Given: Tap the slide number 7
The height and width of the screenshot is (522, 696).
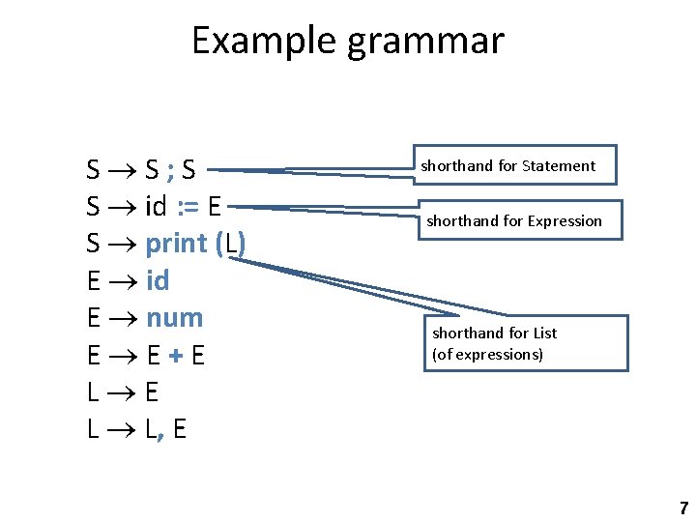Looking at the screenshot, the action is coord(683,507).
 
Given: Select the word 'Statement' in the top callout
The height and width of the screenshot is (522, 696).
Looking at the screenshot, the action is coord(559,166).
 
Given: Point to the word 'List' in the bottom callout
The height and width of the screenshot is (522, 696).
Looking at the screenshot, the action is coord(545,333).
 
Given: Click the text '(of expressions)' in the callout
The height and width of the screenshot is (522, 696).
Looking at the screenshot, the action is coord(487,354).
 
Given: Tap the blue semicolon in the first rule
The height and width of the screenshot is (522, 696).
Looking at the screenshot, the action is coord(170,170).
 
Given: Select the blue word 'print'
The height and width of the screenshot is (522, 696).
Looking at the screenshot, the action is coord(176,245).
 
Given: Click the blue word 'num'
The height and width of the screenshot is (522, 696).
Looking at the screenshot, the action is coord(175,318).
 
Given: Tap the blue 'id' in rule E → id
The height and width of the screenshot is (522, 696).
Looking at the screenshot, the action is coord(158,280).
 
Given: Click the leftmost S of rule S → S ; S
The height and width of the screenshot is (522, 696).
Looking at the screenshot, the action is coord(93,170).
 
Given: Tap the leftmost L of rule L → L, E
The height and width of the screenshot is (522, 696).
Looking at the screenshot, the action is coord(93,430).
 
